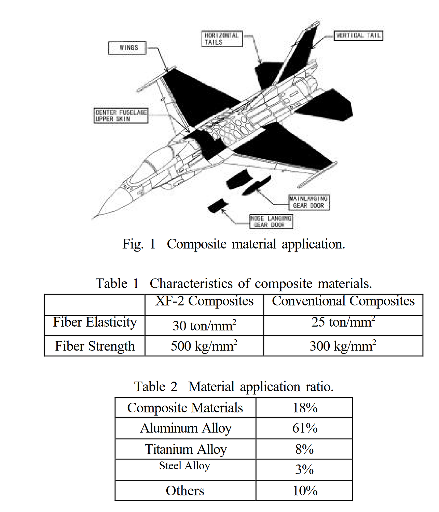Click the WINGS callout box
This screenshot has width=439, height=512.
point(127,48)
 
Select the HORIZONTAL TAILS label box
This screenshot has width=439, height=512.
point(222,39)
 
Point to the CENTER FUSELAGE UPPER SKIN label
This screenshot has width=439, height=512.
point(121,116)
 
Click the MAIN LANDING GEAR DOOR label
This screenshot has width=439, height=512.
point(309,202)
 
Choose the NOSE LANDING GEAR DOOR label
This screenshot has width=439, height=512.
point(271,222)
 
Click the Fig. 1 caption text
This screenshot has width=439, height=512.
point(234,244)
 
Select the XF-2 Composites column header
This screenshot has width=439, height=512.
point(204,301)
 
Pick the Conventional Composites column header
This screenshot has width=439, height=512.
point(343,301)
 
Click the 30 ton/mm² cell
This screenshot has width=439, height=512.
point(204,326)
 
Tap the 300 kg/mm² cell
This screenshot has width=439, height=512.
point(343,346)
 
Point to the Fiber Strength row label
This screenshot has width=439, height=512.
point(95,346)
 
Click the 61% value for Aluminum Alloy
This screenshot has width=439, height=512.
point(304,428)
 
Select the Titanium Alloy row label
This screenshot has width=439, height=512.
point(186,449)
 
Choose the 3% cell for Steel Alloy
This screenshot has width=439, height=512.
point(304,470)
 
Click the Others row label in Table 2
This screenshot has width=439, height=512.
point(185,491)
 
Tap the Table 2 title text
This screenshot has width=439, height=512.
point(234,387)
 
